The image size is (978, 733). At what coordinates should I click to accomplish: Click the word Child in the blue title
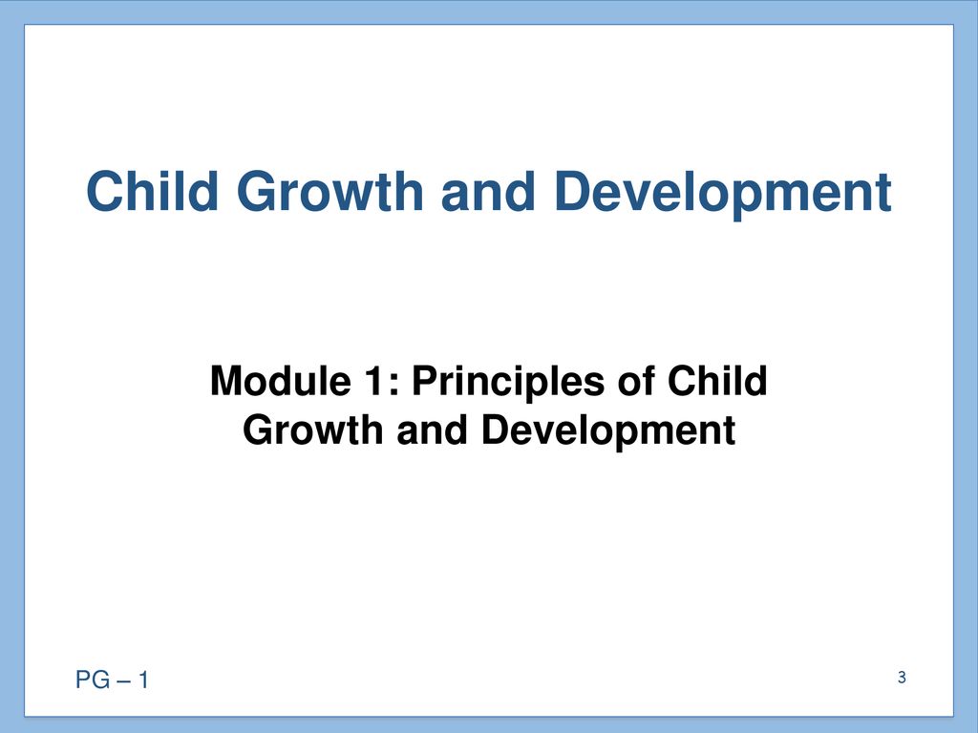[152, 191]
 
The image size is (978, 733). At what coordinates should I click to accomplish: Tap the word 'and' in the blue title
[488, 191]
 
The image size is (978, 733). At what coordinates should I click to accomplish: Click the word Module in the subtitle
[281, 380]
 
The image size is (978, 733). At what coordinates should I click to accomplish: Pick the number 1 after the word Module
[374, 380]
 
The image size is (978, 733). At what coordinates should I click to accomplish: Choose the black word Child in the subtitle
[717, 380]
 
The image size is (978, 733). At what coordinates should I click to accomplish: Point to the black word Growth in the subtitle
[312, 430]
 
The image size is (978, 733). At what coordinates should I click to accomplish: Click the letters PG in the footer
[93, 680]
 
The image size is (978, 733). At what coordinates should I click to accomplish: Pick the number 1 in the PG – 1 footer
[143, 680]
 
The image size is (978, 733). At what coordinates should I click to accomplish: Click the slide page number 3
[902, 678]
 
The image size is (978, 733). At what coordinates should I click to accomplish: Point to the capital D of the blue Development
[572, 191]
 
